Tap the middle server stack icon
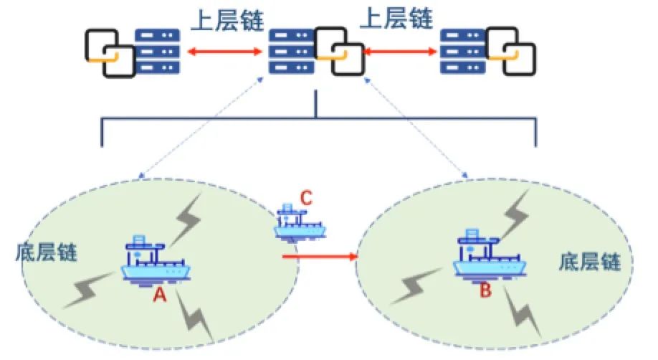point(290,52)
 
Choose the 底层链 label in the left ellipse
point(46,253)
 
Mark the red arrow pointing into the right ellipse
point(319,255)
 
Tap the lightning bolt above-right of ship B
point(518,208)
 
